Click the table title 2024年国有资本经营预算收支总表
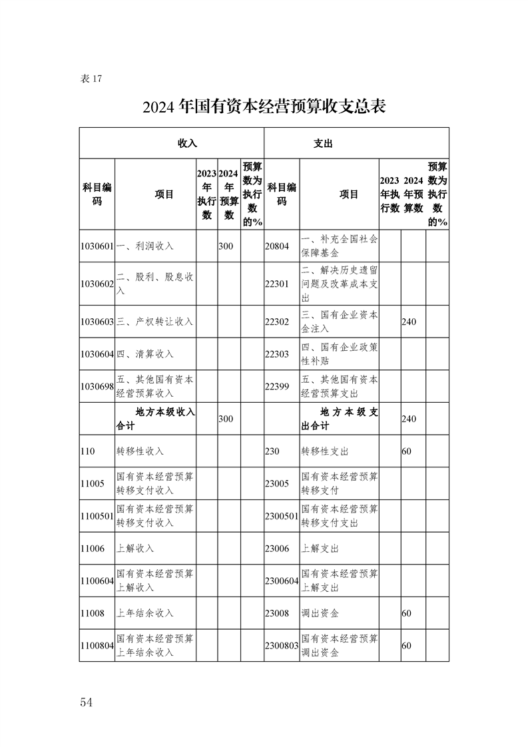pos(264,107)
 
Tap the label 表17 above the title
pos(91,79)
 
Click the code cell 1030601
pos(97,246)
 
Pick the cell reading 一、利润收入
pos(145,246)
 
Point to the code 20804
pos(277,246)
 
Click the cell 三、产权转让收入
pos(154,322)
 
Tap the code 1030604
pos(97,354)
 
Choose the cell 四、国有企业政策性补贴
pos(340,354)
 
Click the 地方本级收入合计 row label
pos(156,418)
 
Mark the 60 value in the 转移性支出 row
pos(406,451)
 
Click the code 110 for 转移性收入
pos(88,451)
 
